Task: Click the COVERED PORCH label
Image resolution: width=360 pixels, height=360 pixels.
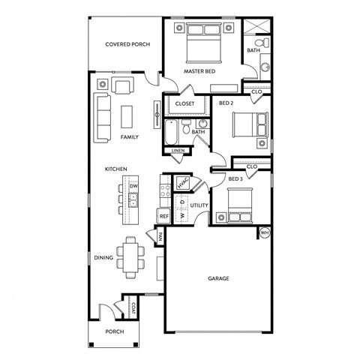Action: click(x=127, y=44)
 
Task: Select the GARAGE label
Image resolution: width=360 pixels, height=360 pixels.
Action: click(x=218, y=278)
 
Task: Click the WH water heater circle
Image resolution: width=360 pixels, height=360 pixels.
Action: click(x=264, y=233)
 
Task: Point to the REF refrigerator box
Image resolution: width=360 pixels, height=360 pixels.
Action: click(x=164, y=216)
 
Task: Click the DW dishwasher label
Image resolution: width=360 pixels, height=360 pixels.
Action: click(x=133, y=185)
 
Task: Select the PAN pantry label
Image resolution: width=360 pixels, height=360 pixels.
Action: click(x=160, y=237)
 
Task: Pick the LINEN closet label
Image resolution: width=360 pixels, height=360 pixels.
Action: click(x=178, y=151)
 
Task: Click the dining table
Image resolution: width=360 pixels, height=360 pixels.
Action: click(x=131, y=257)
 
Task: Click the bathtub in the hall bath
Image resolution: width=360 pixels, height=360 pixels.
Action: click(x=172, y=133)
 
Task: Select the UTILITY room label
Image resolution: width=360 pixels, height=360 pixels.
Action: click(x=199, y=204)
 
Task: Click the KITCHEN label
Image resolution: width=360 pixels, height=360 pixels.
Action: click(x=115, y=169)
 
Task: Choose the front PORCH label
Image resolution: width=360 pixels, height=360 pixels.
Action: click(x=114, y=331)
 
